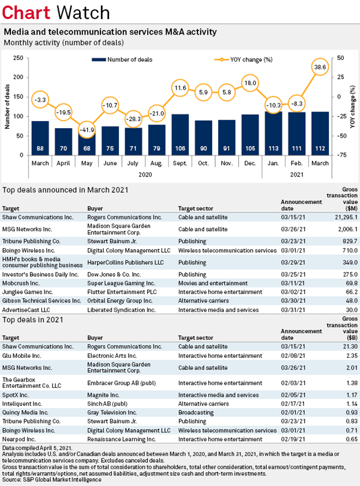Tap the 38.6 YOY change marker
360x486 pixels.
tap(319, 68)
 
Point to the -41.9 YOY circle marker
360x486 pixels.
tap(87, 128)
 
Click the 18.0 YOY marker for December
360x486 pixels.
tap(249, 83)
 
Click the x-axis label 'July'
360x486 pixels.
tap(133, 163)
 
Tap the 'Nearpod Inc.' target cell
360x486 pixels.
tap(19, 439)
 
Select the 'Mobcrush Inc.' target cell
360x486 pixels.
tap(22, 285)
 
